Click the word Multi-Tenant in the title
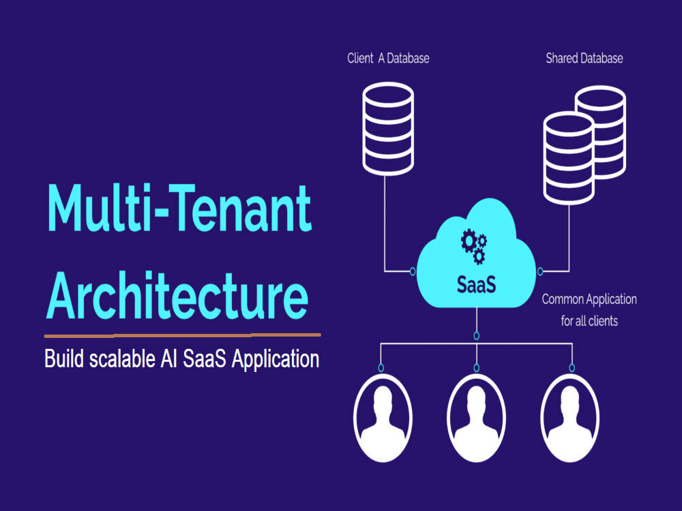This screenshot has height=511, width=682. coord(179,208)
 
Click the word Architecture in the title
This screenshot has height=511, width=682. coord(177,295)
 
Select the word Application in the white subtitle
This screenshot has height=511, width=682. coord(276,360)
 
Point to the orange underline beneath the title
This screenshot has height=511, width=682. coord(183,335)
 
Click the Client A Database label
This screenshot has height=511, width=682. coord(388,58)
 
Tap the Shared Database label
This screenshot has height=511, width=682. coord(584,58)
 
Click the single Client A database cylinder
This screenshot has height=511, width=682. coord(388,129)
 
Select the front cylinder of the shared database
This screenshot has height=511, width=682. coord(569,158)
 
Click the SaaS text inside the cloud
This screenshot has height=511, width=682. coord(476,285)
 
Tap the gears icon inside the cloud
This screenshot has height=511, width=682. coord(474,247)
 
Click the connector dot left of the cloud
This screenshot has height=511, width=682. coord(413,272)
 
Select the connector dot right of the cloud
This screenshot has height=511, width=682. coord(540,272)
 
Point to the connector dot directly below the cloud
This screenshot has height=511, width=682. coord(477,335)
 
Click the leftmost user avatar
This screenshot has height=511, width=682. coord(383,418)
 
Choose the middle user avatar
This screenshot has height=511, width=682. coord(477,418)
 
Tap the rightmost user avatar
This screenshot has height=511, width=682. coord(570,418)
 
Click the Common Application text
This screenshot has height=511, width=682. coord(589,299)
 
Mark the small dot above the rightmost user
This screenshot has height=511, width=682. coord(572,368)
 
